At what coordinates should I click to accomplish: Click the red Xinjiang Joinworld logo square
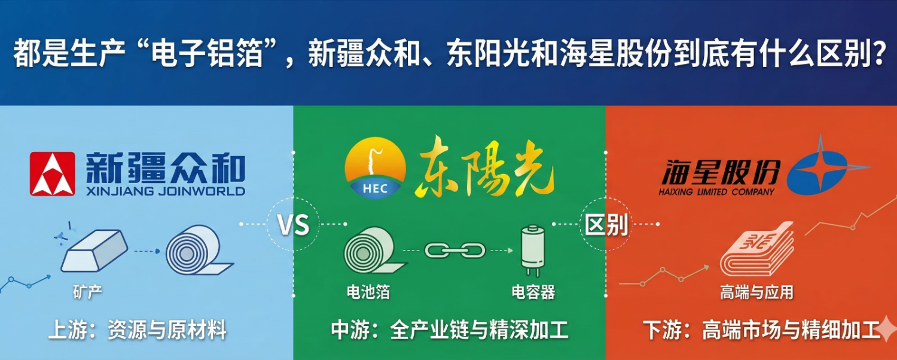[53, 174]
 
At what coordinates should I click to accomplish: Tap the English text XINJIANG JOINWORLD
[166, 191]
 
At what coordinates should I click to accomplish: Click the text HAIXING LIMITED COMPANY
[716, 192]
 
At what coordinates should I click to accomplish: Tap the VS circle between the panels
[294, 224]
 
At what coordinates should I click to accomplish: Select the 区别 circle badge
[606, 224]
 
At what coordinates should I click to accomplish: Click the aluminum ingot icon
[94, 251]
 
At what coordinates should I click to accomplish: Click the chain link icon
[455, 251]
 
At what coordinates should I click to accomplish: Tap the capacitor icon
[533, 251]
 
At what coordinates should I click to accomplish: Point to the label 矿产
[87, 292]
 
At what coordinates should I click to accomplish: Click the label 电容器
[533, 292]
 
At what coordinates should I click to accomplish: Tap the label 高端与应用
[756, 292]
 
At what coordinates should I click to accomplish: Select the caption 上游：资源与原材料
[138, 330]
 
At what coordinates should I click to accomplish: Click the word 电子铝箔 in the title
[208, 53]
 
